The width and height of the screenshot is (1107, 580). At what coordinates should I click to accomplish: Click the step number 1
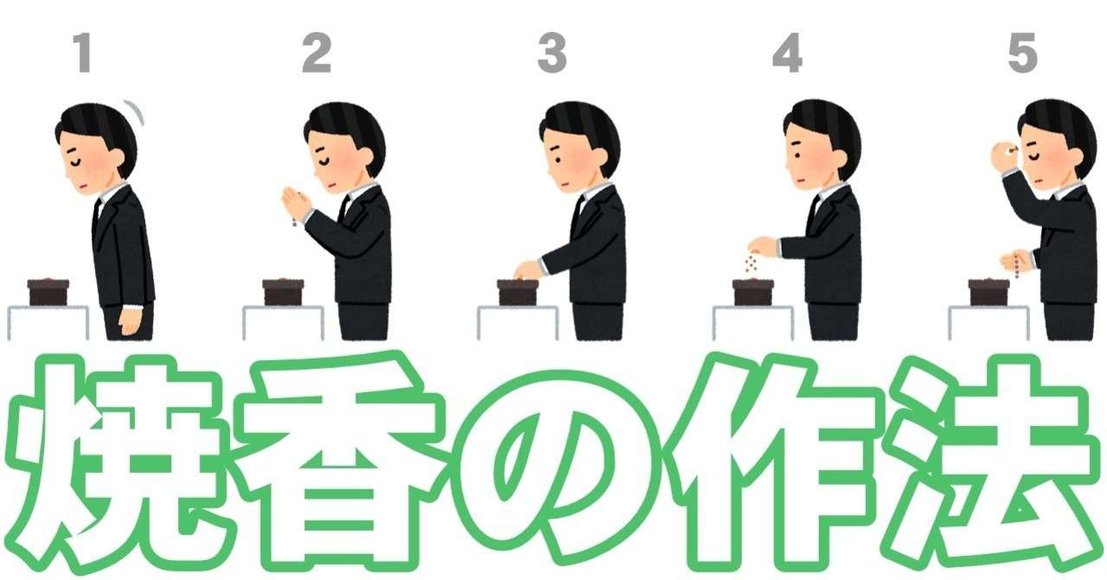point(83,53)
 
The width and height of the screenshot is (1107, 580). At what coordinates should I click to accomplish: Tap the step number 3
point(552,53)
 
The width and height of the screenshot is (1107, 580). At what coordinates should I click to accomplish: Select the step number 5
point(1022,53)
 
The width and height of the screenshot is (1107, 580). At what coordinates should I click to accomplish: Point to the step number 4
point(787,53)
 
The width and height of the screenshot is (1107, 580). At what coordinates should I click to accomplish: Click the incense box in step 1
point(48,292)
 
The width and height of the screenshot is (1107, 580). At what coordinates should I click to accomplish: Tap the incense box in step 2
point(283,292)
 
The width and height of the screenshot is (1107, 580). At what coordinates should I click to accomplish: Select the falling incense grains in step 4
point(752,264)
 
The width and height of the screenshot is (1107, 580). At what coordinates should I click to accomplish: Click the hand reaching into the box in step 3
point(528,271)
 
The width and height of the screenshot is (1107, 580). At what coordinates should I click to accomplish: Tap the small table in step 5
point(989,322)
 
